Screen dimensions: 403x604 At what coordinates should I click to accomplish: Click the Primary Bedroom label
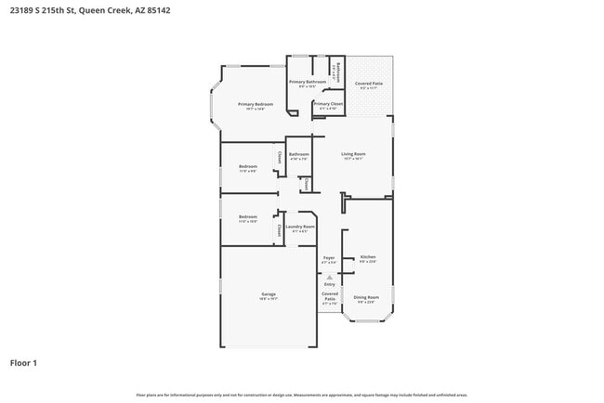click(255, 105)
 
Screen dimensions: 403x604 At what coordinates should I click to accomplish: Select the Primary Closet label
click(329, 104)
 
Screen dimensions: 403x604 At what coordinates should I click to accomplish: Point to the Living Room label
click(353, 154)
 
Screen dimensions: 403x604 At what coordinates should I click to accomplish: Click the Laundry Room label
click(299, 227)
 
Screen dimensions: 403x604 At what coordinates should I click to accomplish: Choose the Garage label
click(268, 295)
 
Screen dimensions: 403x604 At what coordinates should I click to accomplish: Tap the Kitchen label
click(368, 257)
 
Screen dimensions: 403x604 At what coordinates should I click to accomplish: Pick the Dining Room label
click(367, 297)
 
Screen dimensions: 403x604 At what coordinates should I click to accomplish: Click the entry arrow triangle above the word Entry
click(329, 277)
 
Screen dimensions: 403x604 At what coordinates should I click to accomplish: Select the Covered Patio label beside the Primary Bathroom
click(369, 84)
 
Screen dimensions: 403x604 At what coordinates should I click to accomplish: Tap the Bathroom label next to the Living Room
click(298, 154)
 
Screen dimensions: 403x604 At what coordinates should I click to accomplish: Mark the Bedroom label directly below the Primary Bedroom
click(248, 167)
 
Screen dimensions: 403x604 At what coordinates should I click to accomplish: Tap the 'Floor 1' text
click(24, 362)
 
